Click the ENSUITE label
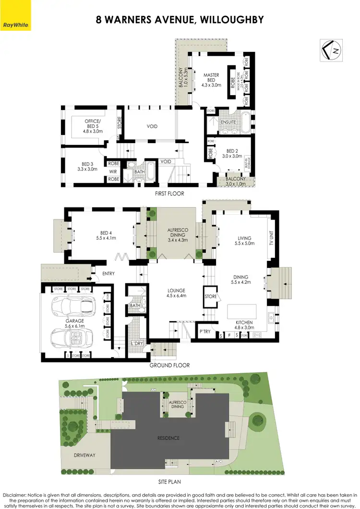[228, 122]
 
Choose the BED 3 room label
[87, 166]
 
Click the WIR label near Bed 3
[113, 171]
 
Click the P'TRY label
[205, 331]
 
